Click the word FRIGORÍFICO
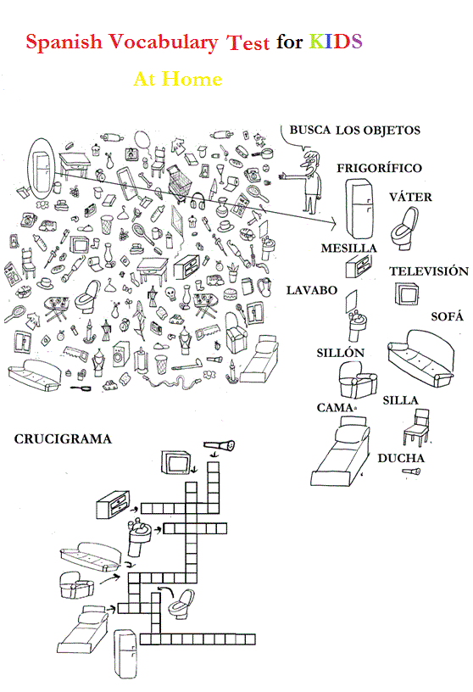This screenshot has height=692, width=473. coord(379,168)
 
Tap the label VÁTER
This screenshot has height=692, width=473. coord(410,197)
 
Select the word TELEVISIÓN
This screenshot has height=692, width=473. coord(428,271)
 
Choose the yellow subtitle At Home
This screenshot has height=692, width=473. coord(178,79)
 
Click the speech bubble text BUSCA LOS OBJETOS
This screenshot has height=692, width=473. coord(354,130)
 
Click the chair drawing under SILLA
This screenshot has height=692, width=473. coord(415,429)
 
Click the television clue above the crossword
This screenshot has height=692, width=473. coord(176,462)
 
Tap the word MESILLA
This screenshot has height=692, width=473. coord(348,248)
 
